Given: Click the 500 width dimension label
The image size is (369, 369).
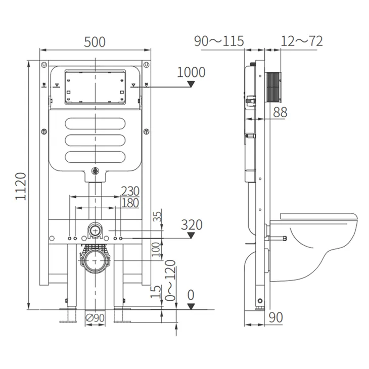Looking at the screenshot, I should tap(95, 42).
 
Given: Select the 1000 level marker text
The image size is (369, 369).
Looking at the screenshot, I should tap(191, 72).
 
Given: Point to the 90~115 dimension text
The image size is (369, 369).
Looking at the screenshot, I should tap(219, 41).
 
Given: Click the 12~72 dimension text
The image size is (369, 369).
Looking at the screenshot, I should tap(302, 41).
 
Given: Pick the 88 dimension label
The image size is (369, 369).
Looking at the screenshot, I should tap(280, 112).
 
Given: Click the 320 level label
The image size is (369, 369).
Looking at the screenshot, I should tap(192, 225).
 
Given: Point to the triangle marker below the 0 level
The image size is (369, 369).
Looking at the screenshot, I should tap(191, 306).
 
